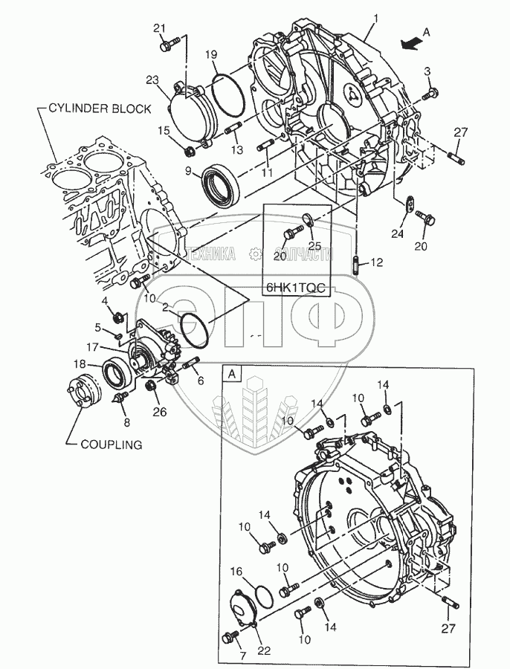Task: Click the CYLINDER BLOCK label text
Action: [x=100, y=109]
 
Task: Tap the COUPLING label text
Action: [x=112, y=445]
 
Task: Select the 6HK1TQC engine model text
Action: [x=296, y=288]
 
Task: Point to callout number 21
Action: [x=159, y=28]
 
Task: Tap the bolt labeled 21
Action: [x=170, y=45]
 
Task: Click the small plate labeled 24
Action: [x=411, y=202]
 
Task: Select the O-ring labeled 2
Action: [x=195, y=328]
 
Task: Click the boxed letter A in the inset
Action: [x=232, y=374]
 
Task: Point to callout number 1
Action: [x=376, y=19]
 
